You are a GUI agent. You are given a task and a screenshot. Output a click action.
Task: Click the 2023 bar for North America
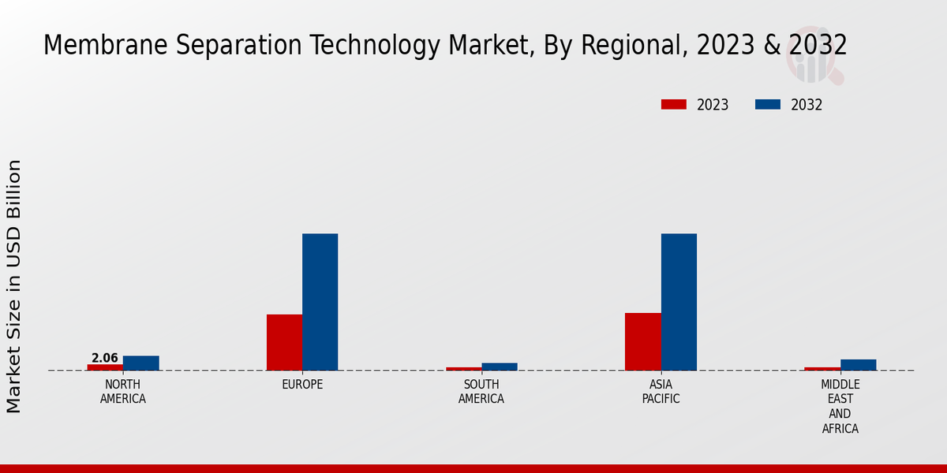tap(105, 367)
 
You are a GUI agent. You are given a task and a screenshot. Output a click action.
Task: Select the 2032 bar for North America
tap(140, 363)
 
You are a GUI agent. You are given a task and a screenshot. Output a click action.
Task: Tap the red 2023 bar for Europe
tap(284, 342)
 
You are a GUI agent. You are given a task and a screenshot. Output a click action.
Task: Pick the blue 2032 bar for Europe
tap(320, 302)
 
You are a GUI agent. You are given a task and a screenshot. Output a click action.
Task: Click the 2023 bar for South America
tap(463, 369)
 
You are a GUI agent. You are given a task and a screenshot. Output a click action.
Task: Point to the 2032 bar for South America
tap(500, 367)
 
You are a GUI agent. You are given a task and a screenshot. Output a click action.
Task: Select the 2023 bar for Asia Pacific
tap(642, 341)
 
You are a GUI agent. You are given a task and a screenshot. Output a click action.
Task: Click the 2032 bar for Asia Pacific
tap(679, 302)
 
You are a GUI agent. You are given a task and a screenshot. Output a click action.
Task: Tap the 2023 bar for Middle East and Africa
tap(822, 369)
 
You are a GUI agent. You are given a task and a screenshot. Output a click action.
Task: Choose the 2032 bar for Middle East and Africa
tap(858, 365)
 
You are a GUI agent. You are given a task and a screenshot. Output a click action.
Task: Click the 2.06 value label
tap(105, 358)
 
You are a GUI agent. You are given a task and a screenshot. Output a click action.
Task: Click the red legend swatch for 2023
tap(674, 105)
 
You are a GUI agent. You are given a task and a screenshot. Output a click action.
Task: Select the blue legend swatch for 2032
tap(768, 105)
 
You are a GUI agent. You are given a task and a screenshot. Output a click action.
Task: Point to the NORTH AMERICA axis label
tap(123, 392)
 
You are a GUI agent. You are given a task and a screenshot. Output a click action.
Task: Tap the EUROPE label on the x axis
tap(302, 385)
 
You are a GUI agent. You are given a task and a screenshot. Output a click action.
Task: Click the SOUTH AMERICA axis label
tap(481, 392)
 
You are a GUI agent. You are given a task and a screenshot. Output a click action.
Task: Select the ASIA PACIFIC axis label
tap(661, 392)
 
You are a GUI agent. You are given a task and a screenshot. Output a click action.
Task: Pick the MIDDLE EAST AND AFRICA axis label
tap(840, 407)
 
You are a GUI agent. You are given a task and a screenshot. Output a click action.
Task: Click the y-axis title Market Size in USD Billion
tap(14, 286)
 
